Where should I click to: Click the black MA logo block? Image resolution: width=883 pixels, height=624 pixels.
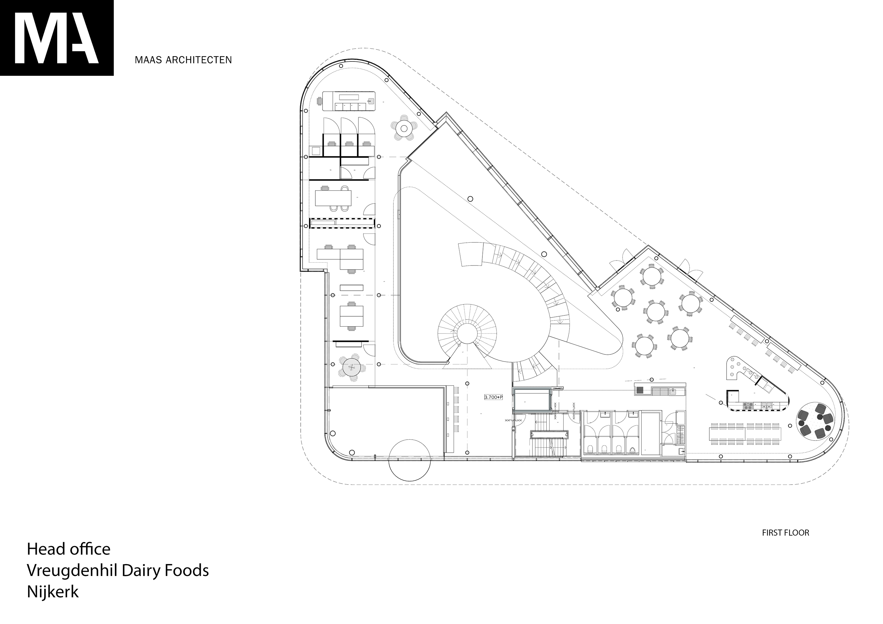click(57, 38)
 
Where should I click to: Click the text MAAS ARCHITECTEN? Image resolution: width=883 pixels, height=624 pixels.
click(183, 60)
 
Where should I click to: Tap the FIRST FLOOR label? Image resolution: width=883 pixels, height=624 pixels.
click(786, 533)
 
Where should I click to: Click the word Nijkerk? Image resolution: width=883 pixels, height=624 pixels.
click(53, 592)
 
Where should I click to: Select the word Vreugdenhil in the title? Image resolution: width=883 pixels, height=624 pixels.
click(72, 571)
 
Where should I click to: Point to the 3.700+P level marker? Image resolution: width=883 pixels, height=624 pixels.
click(493, 397)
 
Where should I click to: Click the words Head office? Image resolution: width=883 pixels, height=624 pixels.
click(68, 549)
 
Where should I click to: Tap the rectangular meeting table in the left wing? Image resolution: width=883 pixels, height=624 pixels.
click(333, 198)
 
